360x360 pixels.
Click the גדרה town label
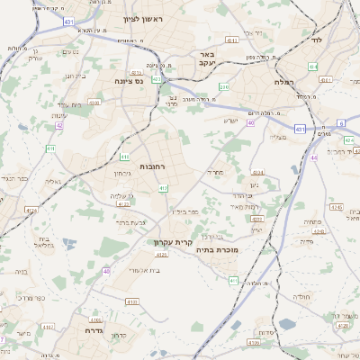[x=92, y=331]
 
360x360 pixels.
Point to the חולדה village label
[x=301, y=295]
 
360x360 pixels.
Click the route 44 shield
[x=314, y=157]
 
